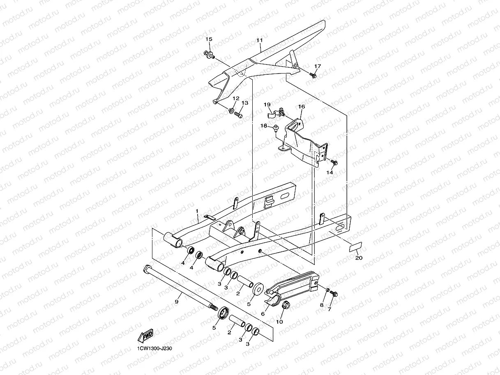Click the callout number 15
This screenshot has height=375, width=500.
(x=209, y=39)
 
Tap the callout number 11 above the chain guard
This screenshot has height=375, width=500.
(x=259, y=40)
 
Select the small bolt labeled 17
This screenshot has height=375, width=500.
(x=313, y=76)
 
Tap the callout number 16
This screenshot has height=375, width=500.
(x=302, y=107)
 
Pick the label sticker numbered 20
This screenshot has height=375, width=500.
(x=355, y=246)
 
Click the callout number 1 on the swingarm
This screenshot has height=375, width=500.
(x=197, y=211)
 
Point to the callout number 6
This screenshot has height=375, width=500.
(x=263, y=313)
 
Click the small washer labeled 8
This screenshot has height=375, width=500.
(x=327, y=291)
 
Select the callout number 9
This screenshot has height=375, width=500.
(x=176, y=302)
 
